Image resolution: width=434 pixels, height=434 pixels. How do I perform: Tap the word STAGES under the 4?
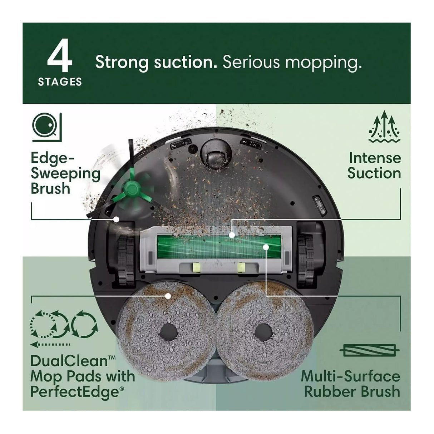tap(60, 82)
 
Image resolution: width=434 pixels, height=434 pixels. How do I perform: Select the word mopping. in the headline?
tap(324, 63)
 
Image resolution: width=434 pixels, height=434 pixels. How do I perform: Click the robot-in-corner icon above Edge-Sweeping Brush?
tap(47, 128)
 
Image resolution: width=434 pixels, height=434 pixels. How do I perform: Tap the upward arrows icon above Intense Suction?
tap(384, 126)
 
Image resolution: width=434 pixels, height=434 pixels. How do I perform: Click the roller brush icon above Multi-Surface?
tap(370, 351)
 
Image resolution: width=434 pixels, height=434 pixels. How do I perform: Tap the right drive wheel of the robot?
tap(306, 261)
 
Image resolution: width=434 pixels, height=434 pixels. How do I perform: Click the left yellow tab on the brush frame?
tap(196, 267)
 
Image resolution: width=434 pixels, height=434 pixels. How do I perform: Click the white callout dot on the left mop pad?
tap(168, 296)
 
